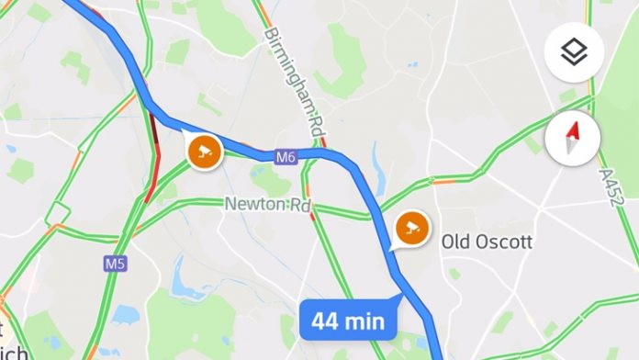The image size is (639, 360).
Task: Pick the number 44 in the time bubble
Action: click(328, 322)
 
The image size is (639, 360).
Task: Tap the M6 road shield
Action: click(286, 158)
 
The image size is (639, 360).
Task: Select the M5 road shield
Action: click(114, 264)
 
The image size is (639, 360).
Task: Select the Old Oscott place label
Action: click(487, 242)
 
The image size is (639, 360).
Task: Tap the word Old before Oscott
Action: click(455, 242)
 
